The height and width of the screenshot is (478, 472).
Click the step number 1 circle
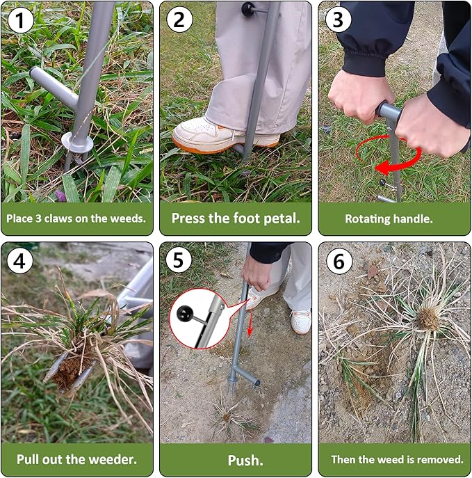[x=21, y=21]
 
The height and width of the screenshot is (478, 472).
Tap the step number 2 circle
[x=179, y=21]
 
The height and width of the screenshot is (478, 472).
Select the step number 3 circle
[x=339, y=21]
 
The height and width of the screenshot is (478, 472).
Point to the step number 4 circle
[x=21, y=262]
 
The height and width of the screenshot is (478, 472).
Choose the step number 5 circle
[x=179, y=262]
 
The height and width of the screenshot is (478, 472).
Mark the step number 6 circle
[x=339, y=262]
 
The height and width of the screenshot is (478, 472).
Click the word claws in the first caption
[x=65, y=218]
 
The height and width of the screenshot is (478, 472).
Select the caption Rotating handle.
[x=389, y=218]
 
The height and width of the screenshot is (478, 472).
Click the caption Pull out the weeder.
[x=76, y=459]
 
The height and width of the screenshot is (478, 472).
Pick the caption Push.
[x=236, y=460]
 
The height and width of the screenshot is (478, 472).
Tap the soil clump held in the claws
[x=70, y=372]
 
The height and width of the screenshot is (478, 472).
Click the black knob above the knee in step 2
[x=247, y=9]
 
